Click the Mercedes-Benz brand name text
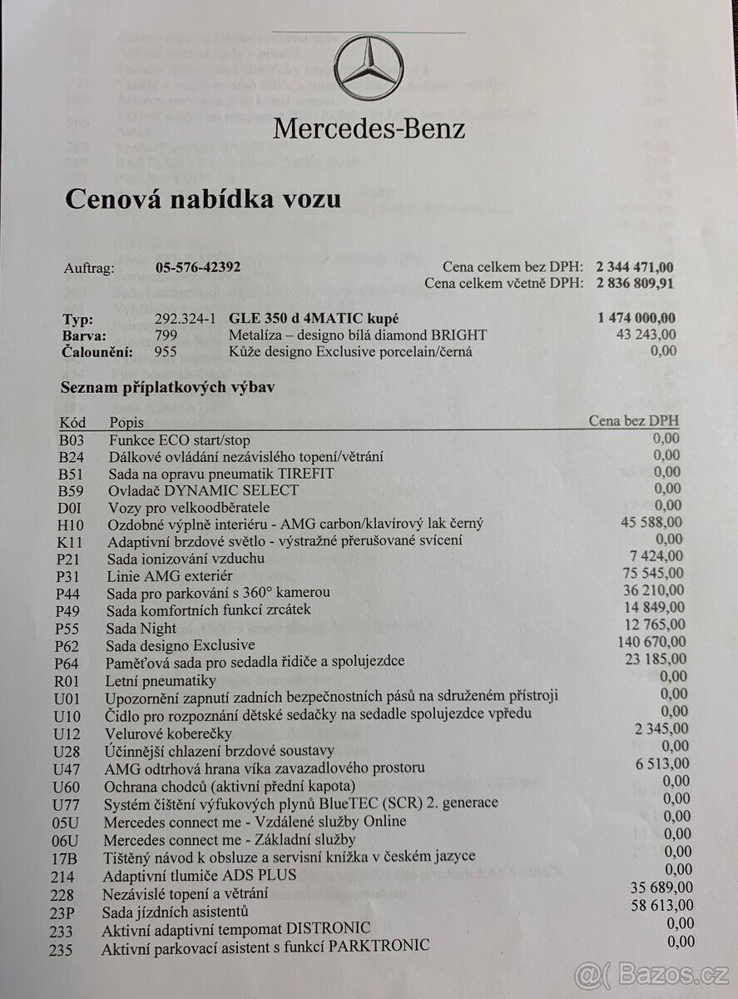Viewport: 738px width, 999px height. point(369,129)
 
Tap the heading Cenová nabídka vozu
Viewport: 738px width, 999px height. point(202,200)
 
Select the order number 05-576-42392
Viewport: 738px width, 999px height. point(199,268)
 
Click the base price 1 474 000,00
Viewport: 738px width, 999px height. point(636,317)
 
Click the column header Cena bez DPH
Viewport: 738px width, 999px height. point(634,421)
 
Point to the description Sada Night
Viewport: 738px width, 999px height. point(141,628)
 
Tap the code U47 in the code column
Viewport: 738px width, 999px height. point(67,768)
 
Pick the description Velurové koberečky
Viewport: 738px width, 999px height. point(167,733)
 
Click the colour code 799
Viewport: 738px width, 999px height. point(167,335)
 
